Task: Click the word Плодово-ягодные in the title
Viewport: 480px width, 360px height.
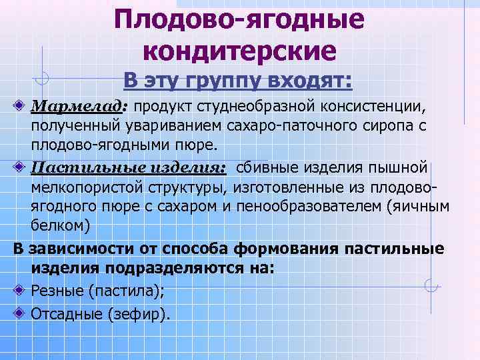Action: coord(239,19)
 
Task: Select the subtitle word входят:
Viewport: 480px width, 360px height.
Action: coord(309,81)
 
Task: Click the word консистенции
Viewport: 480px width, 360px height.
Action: coord(373,107)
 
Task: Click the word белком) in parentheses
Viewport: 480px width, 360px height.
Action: coord(60,225)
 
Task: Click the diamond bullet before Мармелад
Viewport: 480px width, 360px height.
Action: coord(21,106)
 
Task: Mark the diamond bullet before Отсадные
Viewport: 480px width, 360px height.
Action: coord(21,312)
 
